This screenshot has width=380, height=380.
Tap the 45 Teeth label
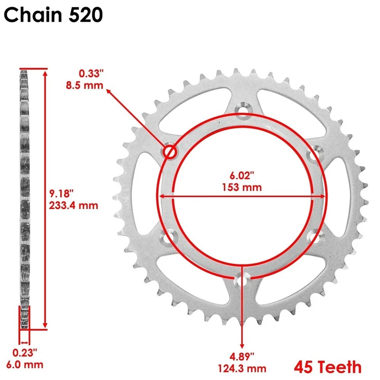(x=327, y=367)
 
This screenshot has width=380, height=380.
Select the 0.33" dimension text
(x=91, y=73)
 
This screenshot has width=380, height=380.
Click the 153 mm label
(x=243, y=187)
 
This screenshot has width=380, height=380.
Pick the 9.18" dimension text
(x=62, y=194)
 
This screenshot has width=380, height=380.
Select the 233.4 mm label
(x=74, y=205)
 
